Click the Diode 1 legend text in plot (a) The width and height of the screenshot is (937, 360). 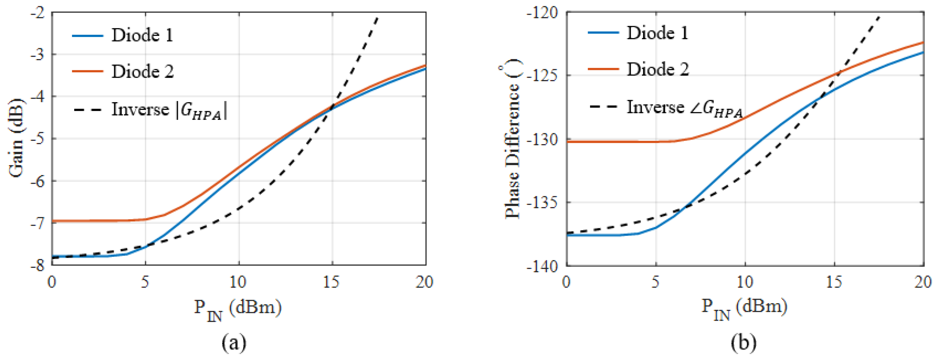click(x=142, y=35)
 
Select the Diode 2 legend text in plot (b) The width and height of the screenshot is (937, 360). click(x=658, y=69)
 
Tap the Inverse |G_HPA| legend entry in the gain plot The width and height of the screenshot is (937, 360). click(x=169, y=110)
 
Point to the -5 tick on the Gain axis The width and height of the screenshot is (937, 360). click(x=38, y=139)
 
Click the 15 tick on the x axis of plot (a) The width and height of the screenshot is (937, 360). click(x=331, y=282)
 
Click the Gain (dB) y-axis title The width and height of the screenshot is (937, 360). click(x=16, y=138)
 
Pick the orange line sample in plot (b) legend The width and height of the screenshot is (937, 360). click(x=603, y=69)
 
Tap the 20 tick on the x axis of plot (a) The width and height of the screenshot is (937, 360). click(x=425, y=282)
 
